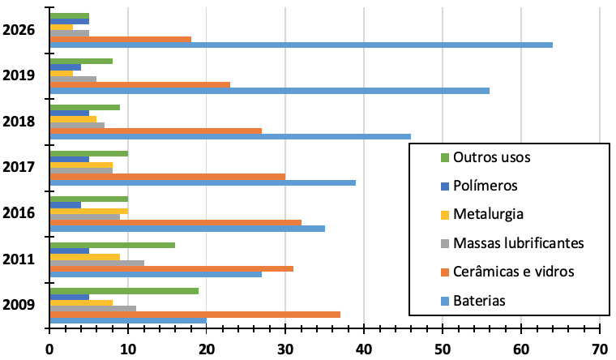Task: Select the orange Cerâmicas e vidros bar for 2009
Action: coord(195,314)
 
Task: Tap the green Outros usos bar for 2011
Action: coord(112,245)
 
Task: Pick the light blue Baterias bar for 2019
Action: coord(269,90)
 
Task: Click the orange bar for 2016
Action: coord(175,221)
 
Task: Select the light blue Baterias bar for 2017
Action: coord(203,182)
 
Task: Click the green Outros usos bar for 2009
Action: coord(123,290)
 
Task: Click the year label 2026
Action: coord(18,30)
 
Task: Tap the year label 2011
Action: coord(18,259)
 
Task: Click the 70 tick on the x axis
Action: coord(599,348)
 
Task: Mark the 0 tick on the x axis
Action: coord(49,348)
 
